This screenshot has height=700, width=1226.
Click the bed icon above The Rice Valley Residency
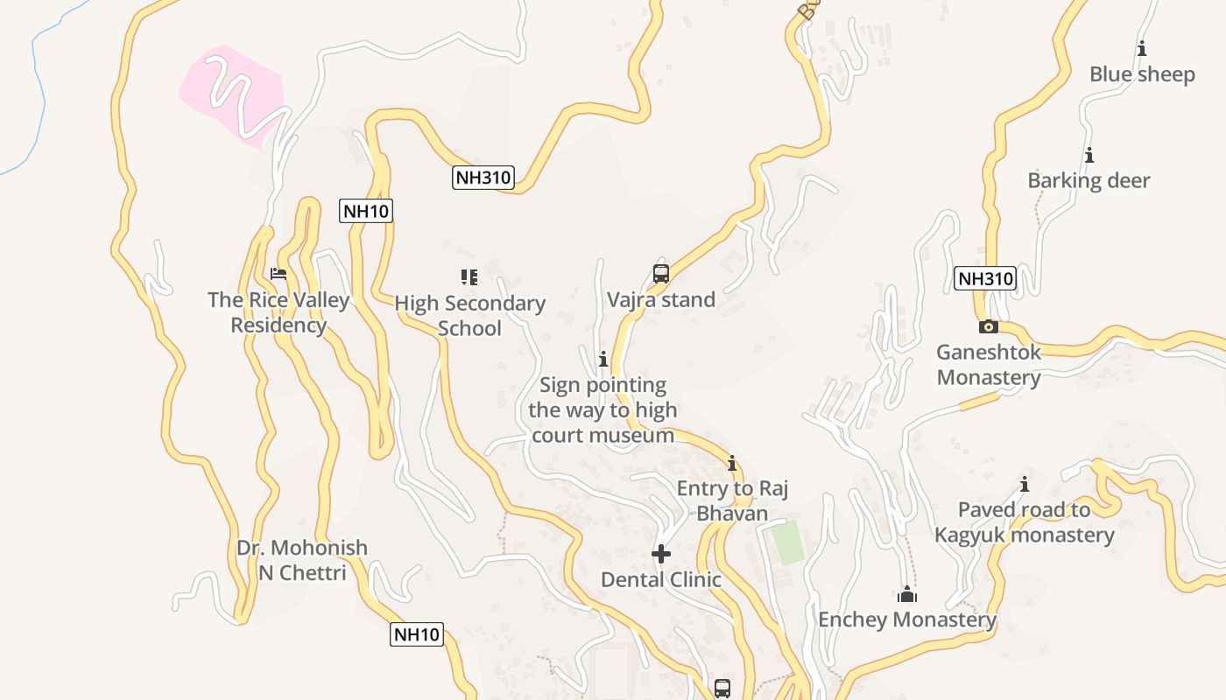[278, 274]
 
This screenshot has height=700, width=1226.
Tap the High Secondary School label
[469, 316]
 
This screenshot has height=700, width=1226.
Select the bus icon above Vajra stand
[661, 273]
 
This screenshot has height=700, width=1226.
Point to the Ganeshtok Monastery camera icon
[988, 327]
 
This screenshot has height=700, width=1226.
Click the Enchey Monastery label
[906, 619]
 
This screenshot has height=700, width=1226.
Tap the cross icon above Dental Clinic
[661, 554]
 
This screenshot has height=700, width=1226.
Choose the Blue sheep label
[1142, 74]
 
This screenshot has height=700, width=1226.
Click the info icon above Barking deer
[1089, 156]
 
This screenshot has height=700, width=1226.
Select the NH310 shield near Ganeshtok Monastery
[985, 279]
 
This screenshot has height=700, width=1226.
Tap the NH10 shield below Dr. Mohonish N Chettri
[417, 634]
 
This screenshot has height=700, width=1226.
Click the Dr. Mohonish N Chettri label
[302, 560]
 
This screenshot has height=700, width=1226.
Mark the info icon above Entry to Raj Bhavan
[732, 463]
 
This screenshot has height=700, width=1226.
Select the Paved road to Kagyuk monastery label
[1024, 522]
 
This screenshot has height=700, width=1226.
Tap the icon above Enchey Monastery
[907, 596]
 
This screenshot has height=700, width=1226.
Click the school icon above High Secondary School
[469, 277]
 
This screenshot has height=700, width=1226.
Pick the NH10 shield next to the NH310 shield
[366, 211]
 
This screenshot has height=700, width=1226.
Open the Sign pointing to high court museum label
[602, 409]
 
